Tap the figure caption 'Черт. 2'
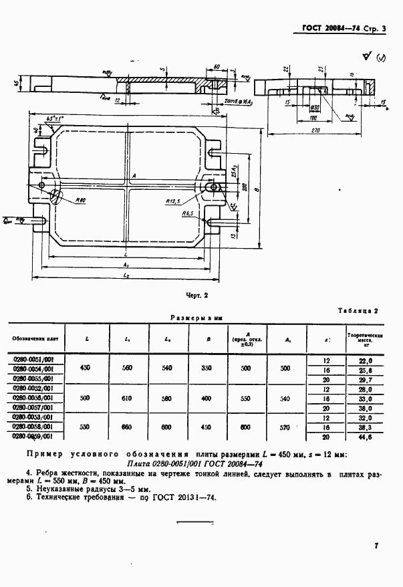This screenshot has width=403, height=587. [x=198, y=294]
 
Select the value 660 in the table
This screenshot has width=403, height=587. [x=128, y=426]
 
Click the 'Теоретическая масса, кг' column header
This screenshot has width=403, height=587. [x=364, y=339]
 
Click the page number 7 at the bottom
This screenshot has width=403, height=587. [x=376, y=546]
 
